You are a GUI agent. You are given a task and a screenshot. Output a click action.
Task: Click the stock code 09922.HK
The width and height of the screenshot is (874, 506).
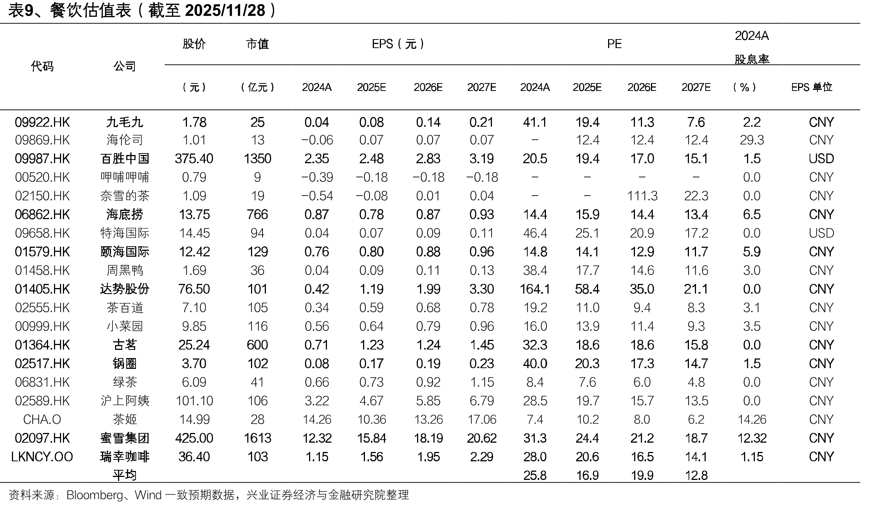[42, 122]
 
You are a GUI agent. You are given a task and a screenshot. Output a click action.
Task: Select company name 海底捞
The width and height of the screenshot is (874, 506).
[125, 215]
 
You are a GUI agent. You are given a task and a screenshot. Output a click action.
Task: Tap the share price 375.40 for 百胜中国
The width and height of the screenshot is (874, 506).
[194, 159]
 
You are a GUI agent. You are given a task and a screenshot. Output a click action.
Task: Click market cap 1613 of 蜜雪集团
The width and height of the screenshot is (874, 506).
[258, 438]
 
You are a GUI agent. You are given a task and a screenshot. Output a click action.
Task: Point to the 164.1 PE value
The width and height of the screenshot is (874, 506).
[535, 289]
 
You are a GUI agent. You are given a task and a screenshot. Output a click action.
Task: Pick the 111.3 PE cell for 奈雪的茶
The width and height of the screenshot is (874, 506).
[642, 196]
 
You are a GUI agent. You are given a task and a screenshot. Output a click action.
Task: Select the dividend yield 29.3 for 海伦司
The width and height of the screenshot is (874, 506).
[752, 140]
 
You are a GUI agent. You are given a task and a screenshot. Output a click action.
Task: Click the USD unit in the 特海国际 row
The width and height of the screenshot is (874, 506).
[821, 233]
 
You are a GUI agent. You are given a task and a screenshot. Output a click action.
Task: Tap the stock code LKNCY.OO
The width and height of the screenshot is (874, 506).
[42, 457]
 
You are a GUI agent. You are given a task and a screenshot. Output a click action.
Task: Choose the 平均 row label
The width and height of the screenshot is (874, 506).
[125, 475]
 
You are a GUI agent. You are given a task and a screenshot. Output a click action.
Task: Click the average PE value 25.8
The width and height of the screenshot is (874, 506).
[535, 475]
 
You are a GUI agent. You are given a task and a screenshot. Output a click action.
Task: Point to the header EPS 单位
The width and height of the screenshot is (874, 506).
[812, 87]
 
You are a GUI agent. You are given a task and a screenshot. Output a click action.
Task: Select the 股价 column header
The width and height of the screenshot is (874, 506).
[194, 44]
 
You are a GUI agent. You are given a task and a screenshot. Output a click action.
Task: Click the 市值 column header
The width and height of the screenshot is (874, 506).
[258, 44]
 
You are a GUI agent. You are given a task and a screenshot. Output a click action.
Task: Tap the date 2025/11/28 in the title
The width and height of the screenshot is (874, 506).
[225, 10]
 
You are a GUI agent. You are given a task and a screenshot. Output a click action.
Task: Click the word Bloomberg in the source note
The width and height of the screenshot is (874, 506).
[95, 495]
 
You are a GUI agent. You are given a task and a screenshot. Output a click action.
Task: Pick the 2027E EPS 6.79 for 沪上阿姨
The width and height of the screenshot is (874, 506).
[482, 401]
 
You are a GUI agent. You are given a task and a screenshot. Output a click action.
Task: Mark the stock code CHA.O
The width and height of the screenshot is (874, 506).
[42, 420]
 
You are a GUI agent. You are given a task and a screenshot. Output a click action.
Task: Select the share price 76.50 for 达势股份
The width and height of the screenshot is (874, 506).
[194, 289]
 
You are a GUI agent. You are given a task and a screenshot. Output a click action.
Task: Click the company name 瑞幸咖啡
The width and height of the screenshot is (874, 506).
[125, 457]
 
